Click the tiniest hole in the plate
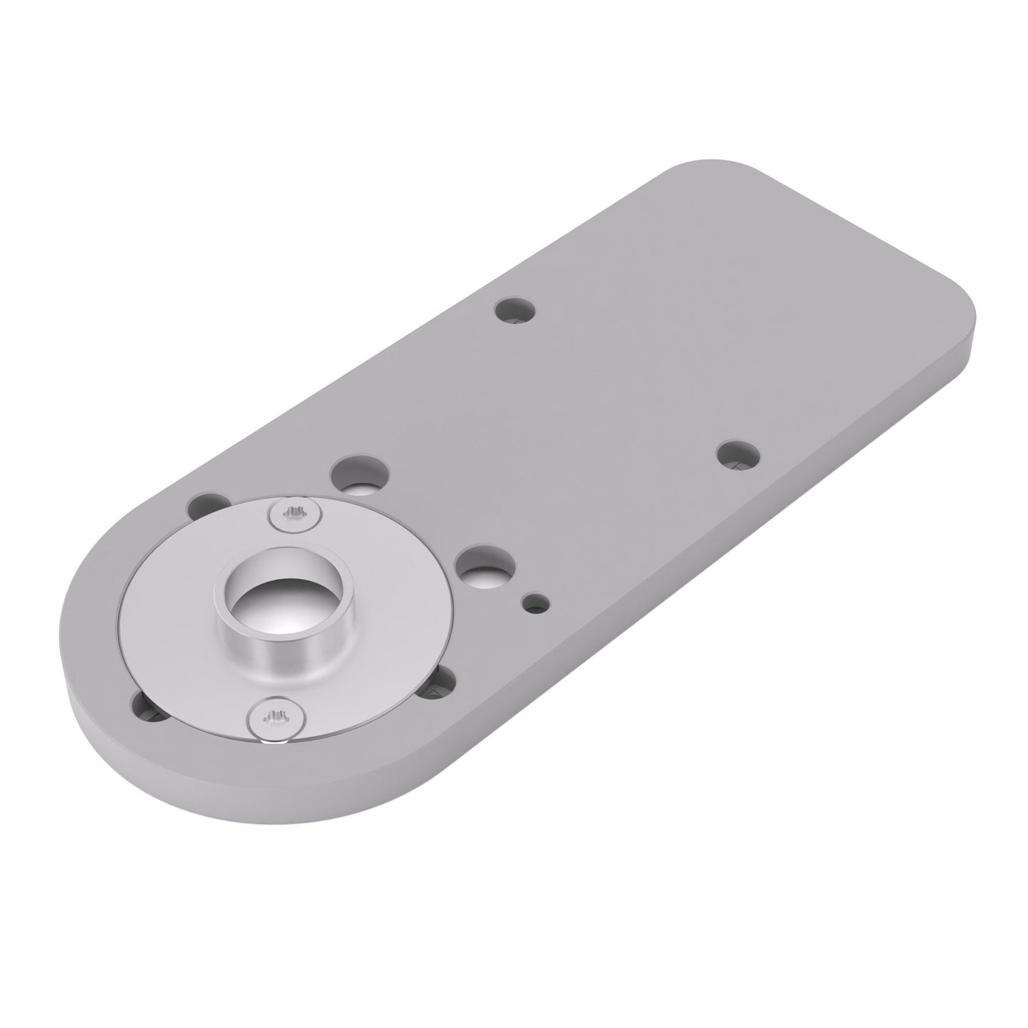(536, 603)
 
